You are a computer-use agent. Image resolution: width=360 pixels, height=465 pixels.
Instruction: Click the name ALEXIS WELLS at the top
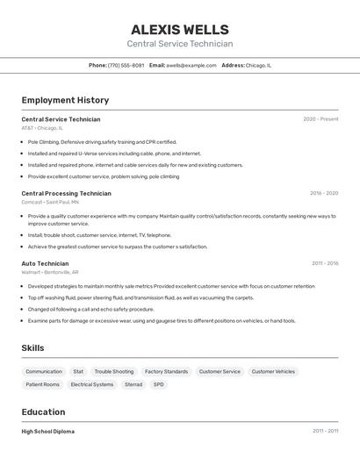click(x=180, y=29)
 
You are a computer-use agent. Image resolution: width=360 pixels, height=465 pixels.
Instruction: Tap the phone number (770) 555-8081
click(x=126, y=65)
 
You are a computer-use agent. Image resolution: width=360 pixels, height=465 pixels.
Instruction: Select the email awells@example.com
click(x=191, y=65)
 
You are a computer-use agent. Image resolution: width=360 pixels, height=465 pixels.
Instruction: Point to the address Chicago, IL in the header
click(x=258, y=65)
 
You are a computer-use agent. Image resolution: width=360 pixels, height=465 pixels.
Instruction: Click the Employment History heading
click(x=65, y=100)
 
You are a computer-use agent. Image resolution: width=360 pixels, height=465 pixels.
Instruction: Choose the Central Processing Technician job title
click(x=66, y=193)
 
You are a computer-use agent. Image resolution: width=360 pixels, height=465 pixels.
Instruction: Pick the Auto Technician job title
click(x=45, y=263)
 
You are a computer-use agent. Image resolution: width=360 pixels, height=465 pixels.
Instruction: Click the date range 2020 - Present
click(x=320, y=119)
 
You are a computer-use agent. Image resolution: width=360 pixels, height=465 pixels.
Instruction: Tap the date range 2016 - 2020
click(x=324, y=193)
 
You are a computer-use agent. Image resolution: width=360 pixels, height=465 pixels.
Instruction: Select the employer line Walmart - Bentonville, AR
click(x=50, y=272)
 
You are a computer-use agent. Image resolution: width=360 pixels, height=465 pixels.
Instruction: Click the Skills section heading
click(x=32, y=348)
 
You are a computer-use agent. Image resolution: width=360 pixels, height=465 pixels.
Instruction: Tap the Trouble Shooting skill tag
click(x=114, y=371)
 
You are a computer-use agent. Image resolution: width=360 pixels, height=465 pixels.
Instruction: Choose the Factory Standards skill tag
click(x=166, y=371)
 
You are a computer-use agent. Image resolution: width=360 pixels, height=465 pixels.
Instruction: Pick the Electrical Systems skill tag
click(x=92, y=384)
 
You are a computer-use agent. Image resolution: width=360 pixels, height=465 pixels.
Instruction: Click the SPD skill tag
click(x=159, y=384)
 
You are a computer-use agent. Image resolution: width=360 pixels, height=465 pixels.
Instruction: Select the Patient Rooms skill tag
click(x=43, y=384)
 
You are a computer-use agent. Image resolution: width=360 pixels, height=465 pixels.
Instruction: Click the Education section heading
click(x=43, y=411)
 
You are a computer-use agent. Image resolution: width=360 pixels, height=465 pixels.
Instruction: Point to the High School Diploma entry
click(x=48, y=432)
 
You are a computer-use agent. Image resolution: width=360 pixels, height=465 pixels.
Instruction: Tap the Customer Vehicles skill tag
click(x=273, y=371)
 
